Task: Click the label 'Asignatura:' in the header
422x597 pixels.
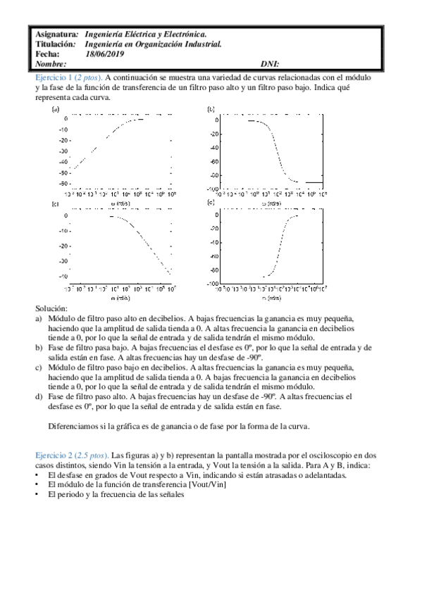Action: pyautogui.click(x=56, y=34)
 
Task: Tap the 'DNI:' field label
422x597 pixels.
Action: pyautogui.click(x=270, y=63)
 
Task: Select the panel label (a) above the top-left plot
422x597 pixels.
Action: pyautogui.click(x=55, y=109)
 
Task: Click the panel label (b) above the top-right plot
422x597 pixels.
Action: pyautogui.click(x=210, y=109)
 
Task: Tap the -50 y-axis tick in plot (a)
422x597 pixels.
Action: pyautogui.click(x=64, y=172)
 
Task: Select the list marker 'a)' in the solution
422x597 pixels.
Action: pyautogui.click(x=39, y=318)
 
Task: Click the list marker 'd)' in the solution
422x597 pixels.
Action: pyautogui.click(x=39, y=396)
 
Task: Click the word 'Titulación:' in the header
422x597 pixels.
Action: pyautogui.click(x=55, y=44)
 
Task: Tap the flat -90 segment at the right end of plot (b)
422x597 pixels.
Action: pyautogui.click(x=314, y=182)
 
